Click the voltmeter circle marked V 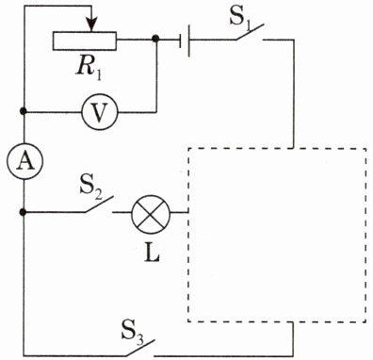point(100,112)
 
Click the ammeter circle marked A point(24,162)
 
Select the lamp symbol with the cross point(151,213)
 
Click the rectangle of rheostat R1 point(85,41)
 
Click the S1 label point(241,20)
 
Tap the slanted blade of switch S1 point(251,31)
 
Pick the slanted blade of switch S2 point(99,205)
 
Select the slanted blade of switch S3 point(140,348)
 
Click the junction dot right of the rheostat point(155,39)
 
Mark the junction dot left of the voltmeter point(23,111)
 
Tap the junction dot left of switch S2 point(23,212)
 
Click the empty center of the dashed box point(277,235)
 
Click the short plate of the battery point(181,41)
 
